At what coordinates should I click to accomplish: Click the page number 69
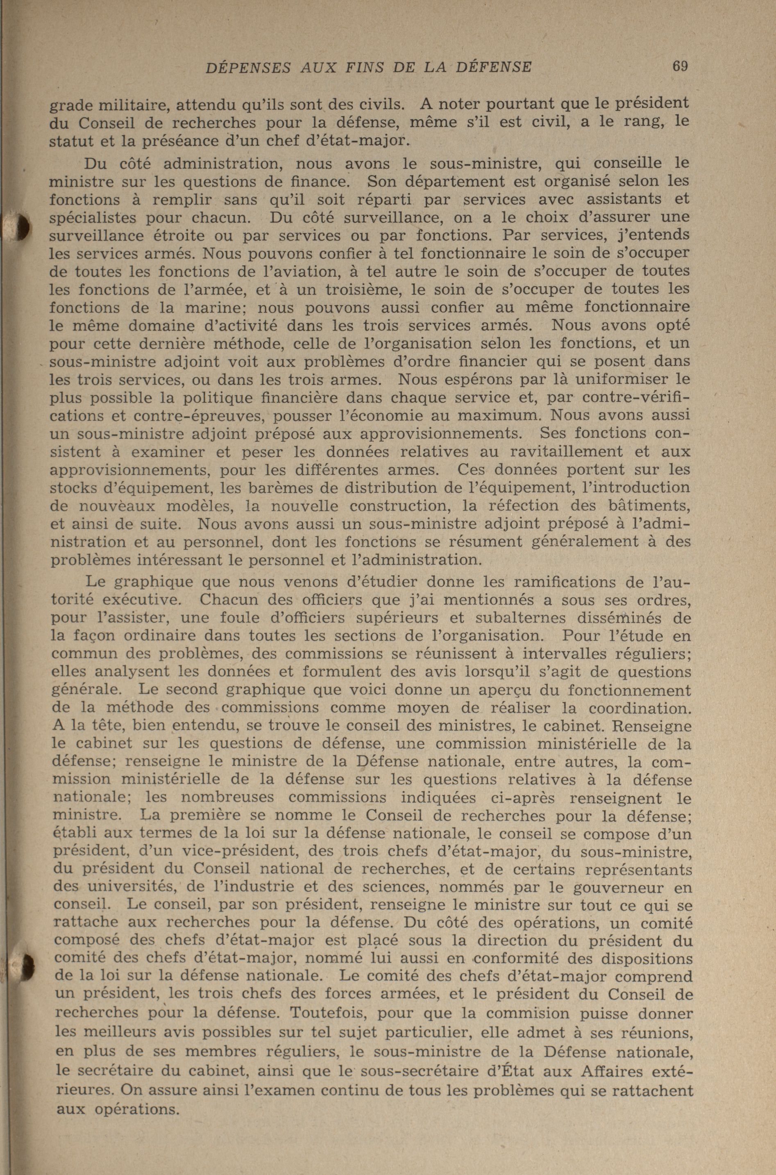680,66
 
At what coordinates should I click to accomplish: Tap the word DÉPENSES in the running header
248,67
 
